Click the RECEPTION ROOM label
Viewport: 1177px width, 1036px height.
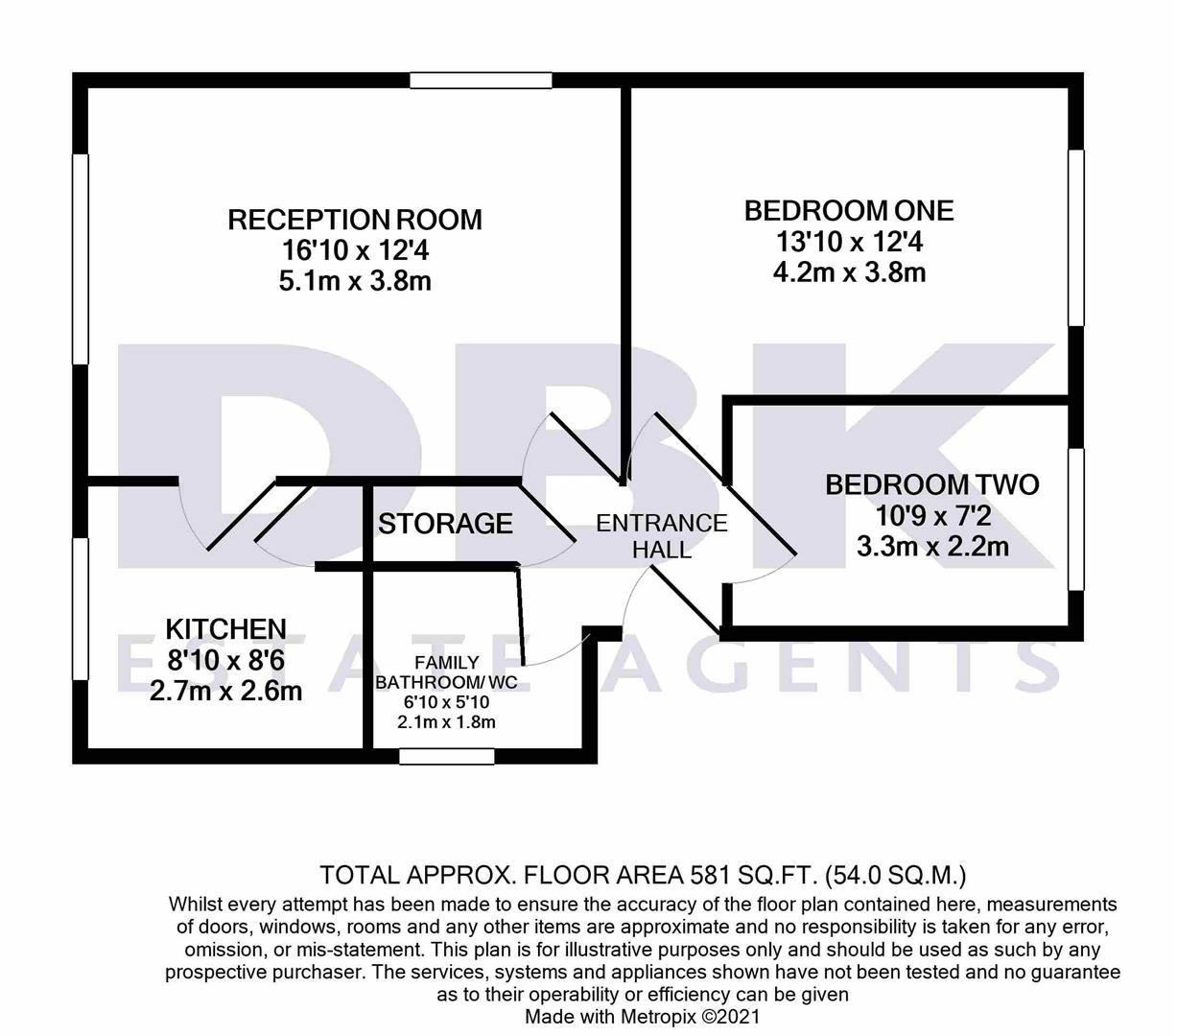355,220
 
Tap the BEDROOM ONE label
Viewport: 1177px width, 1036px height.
849,210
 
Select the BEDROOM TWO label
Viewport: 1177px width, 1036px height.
931,484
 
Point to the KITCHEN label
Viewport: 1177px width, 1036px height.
226,629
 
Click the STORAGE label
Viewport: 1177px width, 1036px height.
445,524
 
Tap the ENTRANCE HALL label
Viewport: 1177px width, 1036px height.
662,536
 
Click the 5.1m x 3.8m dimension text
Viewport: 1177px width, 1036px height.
355,282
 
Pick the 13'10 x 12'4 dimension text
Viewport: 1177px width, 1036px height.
849,241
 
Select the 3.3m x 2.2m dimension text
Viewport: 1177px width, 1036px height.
931,547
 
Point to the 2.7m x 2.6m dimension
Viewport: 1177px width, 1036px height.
226,691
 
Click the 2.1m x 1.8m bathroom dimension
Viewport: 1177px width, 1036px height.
446,722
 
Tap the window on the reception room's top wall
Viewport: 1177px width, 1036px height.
480,80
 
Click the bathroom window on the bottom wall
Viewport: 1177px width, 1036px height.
447,756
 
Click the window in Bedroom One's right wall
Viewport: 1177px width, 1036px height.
1076,238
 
